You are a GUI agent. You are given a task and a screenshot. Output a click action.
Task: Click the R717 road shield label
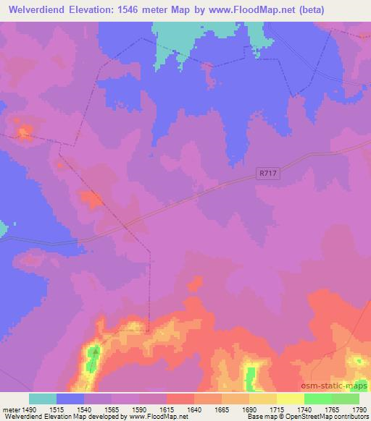pyautogui.click(x=268, y=174)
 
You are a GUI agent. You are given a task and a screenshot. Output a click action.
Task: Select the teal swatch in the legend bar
pyautogui.click(x=43, y=399)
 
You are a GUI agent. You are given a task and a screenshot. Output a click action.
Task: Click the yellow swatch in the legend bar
pyautogui.click(x=289, y=399)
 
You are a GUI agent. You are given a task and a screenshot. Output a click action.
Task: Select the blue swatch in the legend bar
pyautogui.click(x=70, y=399)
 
